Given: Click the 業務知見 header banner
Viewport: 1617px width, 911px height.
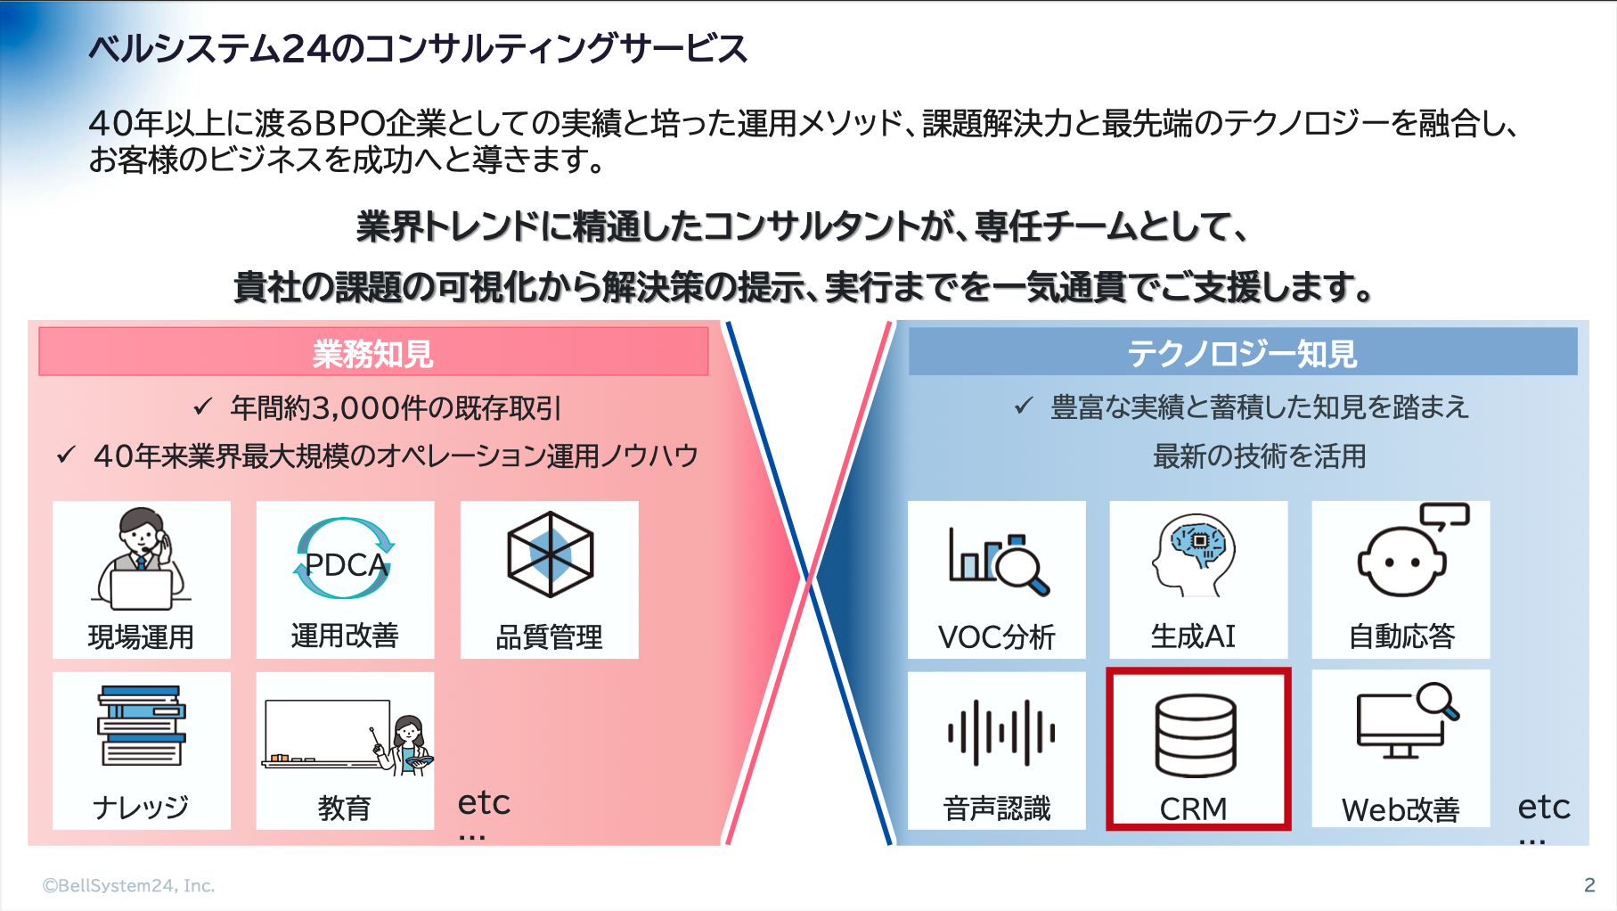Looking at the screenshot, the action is [x=373, y=352].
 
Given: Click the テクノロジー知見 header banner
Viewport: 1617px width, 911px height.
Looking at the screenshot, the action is [x=1242, y=352].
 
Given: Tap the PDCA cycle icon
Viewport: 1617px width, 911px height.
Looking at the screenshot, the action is [x=345, y=559].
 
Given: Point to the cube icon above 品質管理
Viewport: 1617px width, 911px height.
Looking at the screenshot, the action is [x=550, y=554].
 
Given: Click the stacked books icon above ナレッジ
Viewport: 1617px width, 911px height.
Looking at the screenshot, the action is [x=142, y=726].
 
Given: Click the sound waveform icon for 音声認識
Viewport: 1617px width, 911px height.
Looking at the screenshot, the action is [x=1000, y=733].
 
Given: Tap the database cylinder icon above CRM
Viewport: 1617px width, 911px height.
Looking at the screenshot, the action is [x=1196, y=735].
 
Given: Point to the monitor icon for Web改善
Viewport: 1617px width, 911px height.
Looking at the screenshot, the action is [x=1407, y=720].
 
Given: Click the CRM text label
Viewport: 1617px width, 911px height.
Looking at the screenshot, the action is [x=1193, y=808].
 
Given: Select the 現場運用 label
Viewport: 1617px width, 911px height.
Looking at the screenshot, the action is [x=141, y=636].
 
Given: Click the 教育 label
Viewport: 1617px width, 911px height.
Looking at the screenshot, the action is [x=344, y=808].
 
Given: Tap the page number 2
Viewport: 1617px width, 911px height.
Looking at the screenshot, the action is [x=1589, y=884].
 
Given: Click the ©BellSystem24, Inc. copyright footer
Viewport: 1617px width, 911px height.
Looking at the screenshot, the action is [x=129, y=885].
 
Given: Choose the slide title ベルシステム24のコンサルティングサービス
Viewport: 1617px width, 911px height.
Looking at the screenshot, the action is [x=418, y=48].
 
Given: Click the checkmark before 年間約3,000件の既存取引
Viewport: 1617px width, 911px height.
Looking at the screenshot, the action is [x=203, y=407].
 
